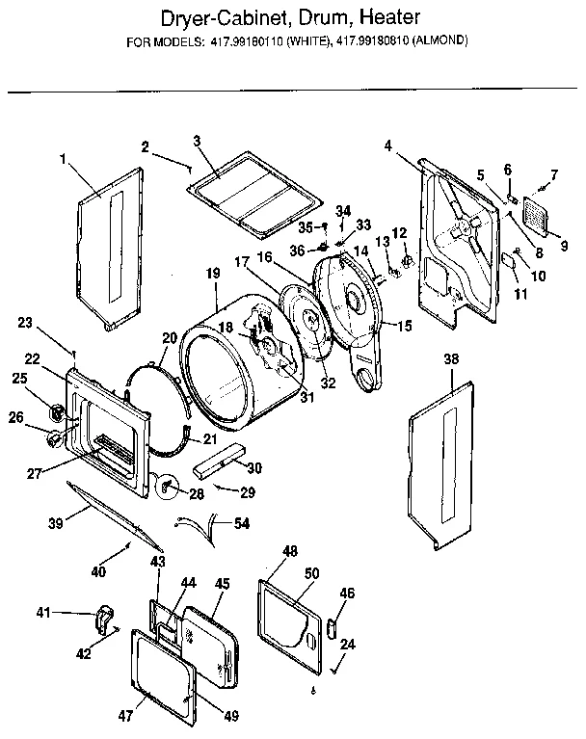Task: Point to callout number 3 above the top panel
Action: [196, 141]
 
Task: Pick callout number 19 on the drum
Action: [212, 275]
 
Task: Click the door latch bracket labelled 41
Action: [103, 617]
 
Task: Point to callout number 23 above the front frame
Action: [25, 323]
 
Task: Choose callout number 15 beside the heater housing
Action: [403, 326]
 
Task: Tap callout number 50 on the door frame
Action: [311, 572]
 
